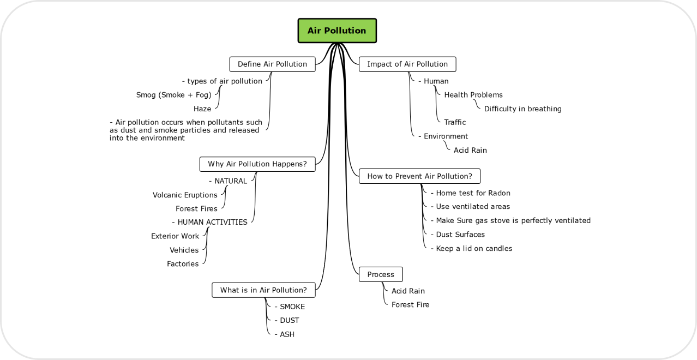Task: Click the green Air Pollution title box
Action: (x=337, y=31)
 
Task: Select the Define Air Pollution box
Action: (x=272, y=64)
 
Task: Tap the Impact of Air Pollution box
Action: (x=407, y=64)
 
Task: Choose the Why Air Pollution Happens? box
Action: (x=257, y=164)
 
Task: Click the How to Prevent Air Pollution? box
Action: (x=419, y=176)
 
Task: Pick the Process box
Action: (x=381, y=274)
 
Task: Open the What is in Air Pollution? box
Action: (x=263, y=290)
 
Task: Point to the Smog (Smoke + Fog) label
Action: (x=173, y=95)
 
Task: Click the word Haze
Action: (x=202, y=109)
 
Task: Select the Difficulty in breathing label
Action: (x=522, y=109)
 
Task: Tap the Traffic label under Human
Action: (x=455, y=122)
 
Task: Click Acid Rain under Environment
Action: (x=470, y=150)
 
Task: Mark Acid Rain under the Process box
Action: (x=408, y=291)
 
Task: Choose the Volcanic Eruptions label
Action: (x=185, y=195)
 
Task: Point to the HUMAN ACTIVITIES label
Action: (x=209, y=222)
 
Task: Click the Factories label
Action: (x=183, y=264)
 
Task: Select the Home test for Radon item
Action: (x=471, y=193)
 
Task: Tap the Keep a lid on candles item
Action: (x=472, y=249)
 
